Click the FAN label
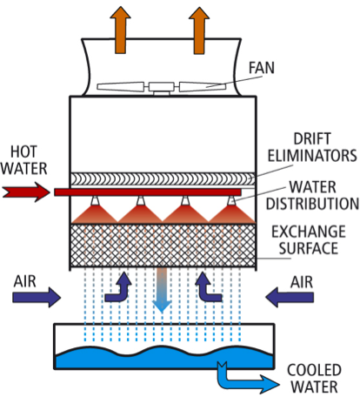tap(261, 68)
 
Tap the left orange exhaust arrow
tap(120, 30)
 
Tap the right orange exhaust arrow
tap(199, 30)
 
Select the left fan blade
tap(121, 86)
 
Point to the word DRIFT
tap(312, 138)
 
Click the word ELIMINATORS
tap(312, 156)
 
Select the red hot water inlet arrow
tap(26, 192)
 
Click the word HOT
tap(23, 151)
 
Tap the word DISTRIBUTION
tap(312, 204)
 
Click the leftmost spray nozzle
tap(95, 200)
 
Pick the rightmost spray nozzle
tap(231, 200)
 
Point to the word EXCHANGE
tap(309, 232)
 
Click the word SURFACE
tap(309, 248)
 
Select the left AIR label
tap(25, 281)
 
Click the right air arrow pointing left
tap(290, 297)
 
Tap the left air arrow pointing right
tap(37, 297)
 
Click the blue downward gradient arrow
tap(162, 290)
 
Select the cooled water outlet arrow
tap(246, 379)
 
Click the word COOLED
tap(314, 370)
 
